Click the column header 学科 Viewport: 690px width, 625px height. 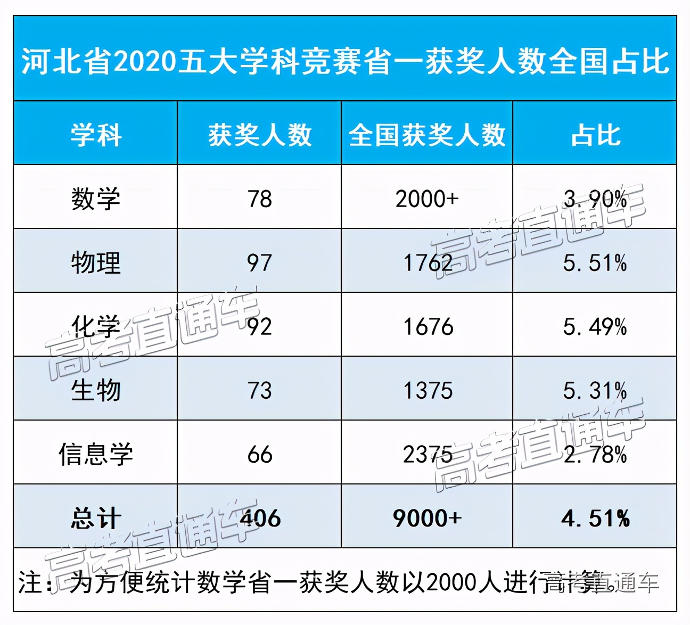tap(96, 135)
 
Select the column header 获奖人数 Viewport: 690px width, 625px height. tap(259, 135)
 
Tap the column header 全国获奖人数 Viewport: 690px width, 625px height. tap(426, 135)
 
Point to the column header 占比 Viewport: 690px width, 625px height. tap(595, 135)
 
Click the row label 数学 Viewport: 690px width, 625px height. tap(96, 199)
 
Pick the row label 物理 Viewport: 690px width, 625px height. tap(96, 262)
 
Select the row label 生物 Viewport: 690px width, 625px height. tap(96, 390)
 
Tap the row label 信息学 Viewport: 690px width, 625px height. tap(96, 454)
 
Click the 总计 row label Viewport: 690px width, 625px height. tap(96, 518)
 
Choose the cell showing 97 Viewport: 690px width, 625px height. tap(259, 262)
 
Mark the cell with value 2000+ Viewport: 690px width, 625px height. tap(426, 199)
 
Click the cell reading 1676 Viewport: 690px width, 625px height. tap(428, 326)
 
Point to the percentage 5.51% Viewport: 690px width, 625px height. tap(595, 262)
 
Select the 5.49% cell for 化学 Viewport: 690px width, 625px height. tap(595, 326)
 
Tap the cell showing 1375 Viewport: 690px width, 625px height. tap(428, 390)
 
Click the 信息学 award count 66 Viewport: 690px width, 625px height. tap(259, 454)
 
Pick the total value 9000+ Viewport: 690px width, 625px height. tap(426, 518)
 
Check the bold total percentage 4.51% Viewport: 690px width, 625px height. tap(595, 518)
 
